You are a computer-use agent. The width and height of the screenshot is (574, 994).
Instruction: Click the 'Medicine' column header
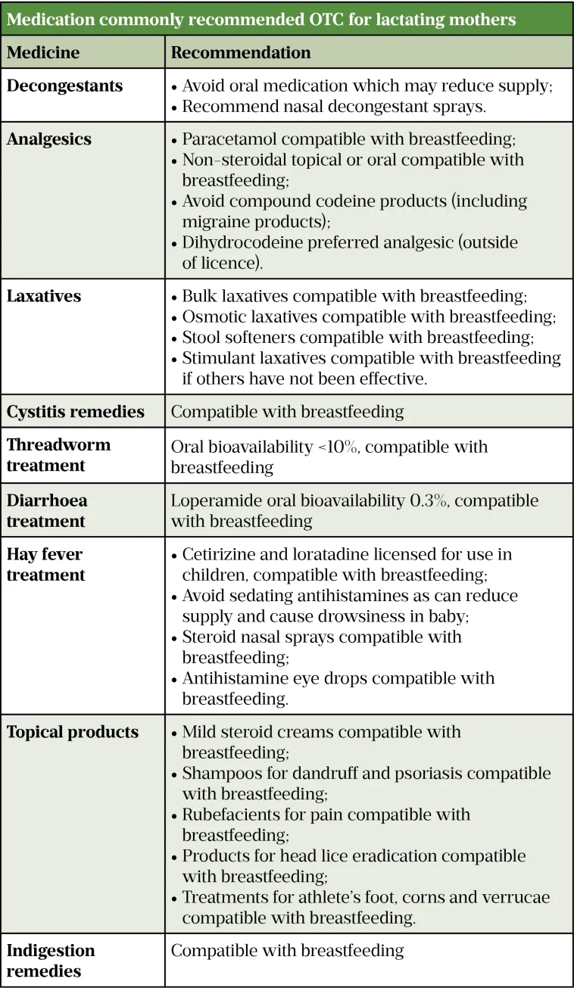(x=43, y=52)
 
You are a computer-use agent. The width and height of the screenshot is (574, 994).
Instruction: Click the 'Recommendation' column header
(x=241, y=52)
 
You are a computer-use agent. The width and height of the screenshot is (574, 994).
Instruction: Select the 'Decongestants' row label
(x=64, y=86)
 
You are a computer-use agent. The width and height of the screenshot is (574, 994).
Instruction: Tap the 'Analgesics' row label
(x=49, y=139)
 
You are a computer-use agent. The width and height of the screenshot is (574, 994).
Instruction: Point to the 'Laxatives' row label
(x=44, y=296)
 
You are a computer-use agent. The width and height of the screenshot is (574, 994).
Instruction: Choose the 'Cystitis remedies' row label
(x=76, y=412)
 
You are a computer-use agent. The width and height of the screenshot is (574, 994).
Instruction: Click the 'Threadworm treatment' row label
(x=58, y=455)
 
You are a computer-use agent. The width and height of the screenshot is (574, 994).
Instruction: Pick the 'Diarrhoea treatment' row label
(x=47, y=510)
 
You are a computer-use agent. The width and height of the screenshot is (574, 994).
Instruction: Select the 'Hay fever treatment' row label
(x=45, y=564)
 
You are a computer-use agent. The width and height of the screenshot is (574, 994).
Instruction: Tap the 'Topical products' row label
(x=73, y=732)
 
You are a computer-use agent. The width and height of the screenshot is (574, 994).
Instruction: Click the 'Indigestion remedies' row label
(x=51, y=960)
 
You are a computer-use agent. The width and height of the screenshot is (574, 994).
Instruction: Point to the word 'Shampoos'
(x=217, y=773)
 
